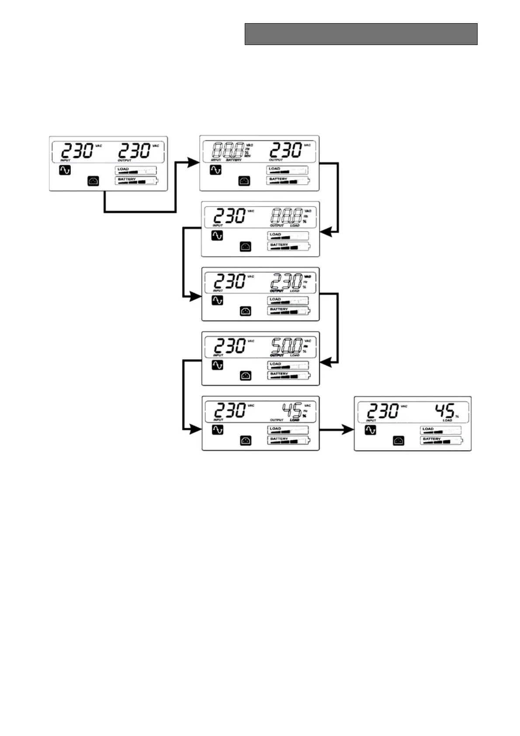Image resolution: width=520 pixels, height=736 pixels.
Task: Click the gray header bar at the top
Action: click(x=361, y=34)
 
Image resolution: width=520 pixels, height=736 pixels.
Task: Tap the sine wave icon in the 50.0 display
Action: click(x=217, y=365)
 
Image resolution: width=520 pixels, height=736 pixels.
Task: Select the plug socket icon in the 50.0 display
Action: click(x=246, y=375)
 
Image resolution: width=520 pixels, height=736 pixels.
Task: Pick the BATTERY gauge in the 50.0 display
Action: click(x=288, y=375)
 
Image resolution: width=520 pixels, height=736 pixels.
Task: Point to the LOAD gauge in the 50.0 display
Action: click(x=288, y=365)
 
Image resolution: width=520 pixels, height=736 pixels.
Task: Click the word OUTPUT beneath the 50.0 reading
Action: click(x=277, y=355)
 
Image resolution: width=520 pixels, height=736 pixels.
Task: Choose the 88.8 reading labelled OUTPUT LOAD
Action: click(x=286, y=216)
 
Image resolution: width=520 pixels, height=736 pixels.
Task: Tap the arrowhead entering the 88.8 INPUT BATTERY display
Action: click(x=193, y=163)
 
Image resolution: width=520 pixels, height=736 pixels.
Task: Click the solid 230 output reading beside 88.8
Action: click(x=285, y=150)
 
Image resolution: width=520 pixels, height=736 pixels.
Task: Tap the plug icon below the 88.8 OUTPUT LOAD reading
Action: click(x=246, y=247)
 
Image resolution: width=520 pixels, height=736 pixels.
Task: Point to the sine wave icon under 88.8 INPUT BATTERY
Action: click(x=215, y=170)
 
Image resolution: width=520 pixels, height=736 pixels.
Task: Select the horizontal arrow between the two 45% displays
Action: click(x=336, y=430)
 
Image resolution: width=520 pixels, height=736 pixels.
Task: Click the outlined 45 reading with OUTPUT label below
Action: click(x=291, y=410)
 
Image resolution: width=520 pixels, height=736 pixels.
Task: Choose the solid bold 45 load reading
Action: click(x=444, y=410)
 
